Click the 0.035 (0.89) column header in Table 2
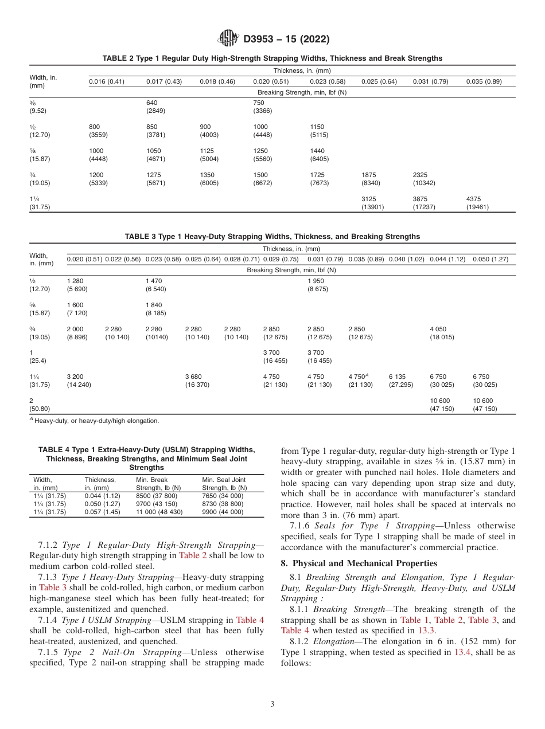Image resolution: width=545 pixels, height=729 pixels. [484, 81]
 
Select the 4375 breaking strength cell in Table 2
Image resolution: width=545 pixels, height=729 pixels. [474, 199]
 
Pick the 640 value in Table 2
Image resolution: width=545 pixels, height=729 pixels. [151, 103]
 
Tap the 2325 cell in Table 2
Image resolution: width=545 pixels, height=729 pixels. [421, 175]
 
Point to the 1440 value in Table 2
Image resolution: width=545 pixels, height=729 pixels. [317, 151]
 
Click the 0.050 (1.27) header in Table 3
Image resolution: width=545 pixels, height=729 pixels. [490, 260]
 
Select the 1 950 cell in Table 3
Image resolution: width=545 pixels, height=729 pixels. [317, 281]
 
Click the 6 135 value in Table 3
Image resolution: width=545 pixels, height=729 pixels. [397, 377]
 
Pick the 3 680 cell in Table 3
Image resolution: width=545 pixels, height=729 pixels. [194, 377]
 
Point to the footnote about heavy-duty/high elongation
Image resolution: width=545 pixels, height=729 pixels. [97, 421]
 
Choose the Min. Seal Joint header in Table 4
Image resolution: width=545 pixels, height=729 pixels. [224, 480]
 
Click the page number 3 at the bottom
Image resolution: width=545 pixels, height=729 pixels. [272, 704]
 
